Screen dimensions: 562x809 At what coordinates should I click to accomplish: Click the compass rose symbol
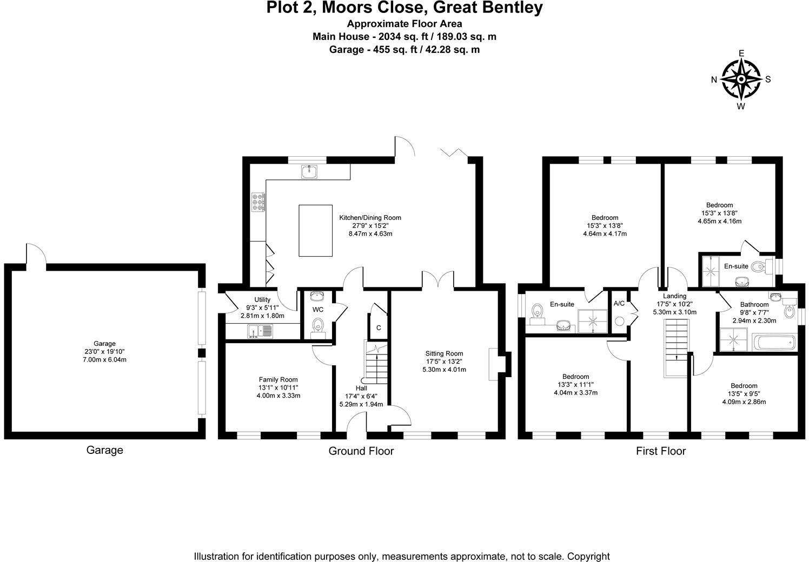pyautogui.click(x=741, y=79)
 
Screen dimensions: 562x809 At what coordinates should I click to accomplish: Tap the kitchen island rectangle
pyautogui.click(x=315, y=230)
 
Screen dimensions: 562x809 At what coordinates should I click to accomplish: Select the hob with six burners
pyautogui.click(x=258, y=202)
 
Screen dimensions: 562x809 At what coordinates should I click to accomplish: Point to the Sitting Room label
pyautogui.click(x=444, y=353)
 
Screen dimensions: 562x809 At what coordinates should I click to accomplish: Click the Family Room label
pyautogui.click(x=278, y=379)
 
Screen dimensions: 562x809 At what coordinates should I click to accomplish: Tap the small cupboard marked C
pyautogui.click(x=379, y=327)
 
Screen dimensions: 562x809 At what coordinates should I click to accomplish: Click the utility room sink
pyautogui.click(x=261, y=331)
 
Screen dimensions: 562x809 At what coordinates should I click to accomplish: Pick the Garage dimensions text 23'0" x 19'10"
pyautogui.click(x=104, y=351)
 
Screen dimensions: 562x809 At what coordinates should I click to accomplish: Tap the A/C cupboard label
pyautogui.click(x=619, y=304)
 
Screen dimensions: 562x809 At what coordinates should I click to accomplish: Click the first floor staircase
pyautogui.click(x=676, y=347)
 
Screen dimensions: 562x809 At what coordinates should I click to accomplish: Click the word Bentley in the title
pyautogui.click(x=511, y=8)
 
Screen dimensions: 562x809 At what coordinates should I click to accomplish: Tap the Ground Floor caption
pyautogui.click(x=361, y=451)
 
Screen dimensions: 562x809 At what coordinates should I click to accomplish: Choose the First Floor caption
pyautogui.click(x=660, y=451)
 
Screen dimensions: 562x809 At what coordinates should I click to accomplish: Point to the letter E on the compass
pyautogui.click(x=741, y=53)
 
